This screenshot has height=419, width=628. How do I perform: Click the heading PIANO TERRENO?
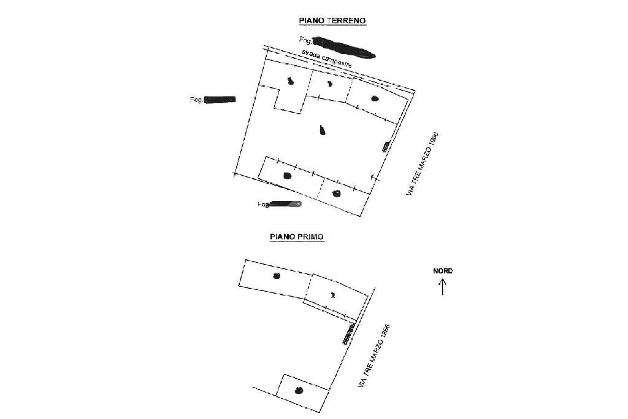[332, 20]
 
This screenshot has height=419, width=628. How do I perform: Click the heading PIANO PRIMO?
[297, 236]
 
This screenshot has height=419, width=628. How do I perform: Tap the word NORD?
[443, 271]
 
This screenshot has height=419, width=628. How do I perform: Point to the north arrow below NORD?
[443, 286]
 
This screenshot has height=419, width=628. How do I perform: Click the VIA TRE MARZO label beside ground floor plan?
[423, 163]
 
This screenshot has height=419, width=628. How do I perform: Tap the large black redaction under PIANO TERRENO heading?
[343, 47]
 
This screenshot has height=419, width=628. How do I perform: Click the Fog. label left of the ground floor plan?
[196, 99]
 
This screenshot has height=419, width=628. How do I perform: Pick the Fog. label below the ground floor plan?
[264, 205]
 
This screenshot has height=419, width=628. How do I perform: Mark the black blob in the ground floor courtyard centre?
[323, 130]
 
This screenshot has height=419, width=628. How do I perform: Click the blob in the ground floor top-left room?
[290, 81]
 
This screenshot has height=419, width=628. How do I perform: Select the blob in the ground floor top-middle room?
[329, 84]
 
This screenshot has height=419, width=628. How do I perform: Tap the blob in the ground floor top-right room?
[375, 98]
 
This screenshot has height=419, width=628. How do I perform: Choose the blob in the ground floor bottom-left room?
[287, 176]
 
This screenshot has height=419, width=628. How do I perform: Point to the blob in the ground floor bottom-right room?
[336, 194]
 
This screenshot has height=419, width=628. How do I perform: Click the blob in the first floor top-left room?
[277, 276]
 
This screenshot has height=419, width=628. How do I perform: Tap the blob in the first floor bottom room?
[299, 390]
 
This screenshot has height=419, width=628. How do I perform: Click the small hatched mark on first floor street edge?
[348, 332]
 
